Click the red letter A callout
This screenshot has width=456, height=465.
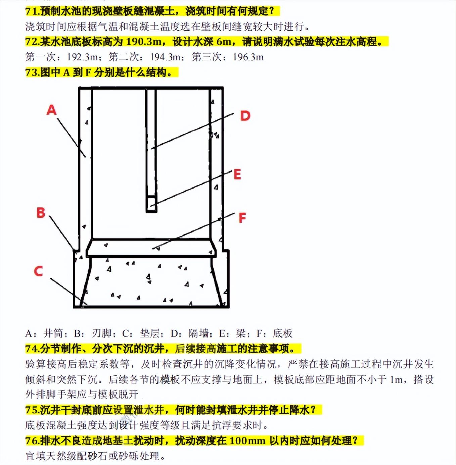(x=51, y=110)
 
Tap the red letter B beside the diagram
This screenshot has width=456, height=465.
(x=41, y=213)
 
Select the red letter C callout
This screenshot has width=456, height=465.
(x=39, y=271)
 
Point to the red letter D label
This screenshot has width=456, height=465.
(x=245, y=116)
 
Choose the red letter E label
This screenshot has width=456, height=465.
(x=237, y=174)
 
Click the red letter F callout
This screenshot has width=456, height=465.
(x=242, y=218)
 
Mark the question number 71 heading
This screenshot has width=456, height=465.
(x=33, y=11)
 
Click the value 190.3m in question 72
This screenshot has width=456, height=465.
(x=144, y=42)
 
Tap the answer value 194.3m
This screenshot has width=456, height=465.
(x=166, y=57)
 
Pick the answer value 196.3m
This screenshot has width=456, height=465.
(x=248, y=57)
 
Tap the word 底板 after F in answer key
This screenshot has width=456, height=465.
(x=283, y=333)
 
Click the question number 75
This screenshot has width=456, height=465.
(x=33, y=410)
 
